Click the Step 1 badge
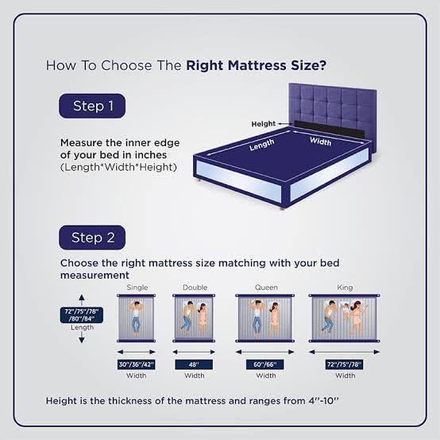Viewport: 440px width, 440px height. (x=93, y=106)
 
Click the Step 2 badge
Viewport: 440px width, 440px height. (x=93, y=237)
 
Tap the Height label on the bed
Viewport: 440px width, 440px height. (x=263, y=124)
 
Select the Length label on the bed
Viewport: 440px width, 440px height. (x=261, y=146)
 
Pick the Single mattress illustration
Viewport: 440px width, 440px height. (x=136, y=318)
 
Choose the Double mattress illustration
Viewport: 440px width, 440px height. (x=195, y=318)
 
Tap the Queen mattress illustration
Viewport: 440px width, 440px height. (x=266, y=318)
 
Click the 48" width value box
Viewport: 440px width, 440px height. (x=195, y=365)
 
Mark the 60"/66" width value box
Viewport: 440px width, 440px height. (x=266, y=365)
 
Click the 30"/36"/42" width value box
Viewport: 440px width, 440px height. (x=136, y=365)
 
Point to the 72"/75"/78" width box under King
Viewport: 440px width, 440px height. (x=344, y=365)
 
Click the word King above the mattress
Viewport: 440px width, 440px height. (x=344, y=287)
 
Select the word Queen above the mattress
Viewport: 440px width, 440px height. (x=266, y=287)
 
